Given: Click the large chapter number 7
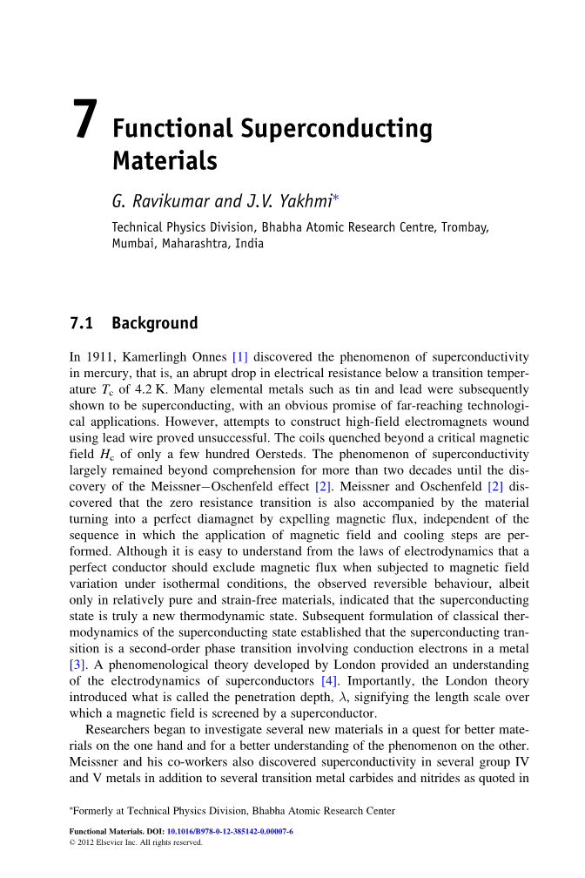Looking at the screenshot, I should pos(84,119).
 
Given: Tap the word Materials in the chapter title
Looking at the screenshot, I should pos(165,161).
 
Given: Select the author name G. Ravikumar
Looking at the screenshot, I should pos(160,202).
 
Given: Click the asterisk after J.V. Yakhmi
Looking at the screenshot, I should pos(336,199).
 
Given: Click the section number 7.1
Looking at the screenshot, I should pos(81,324).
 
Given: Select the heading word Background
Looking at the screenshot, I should pos(155,324).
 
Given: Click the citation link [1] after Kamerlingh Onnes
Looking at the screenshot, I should pos(240,356).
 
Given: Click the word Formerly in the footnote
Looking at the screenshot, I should pos(99,811).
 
